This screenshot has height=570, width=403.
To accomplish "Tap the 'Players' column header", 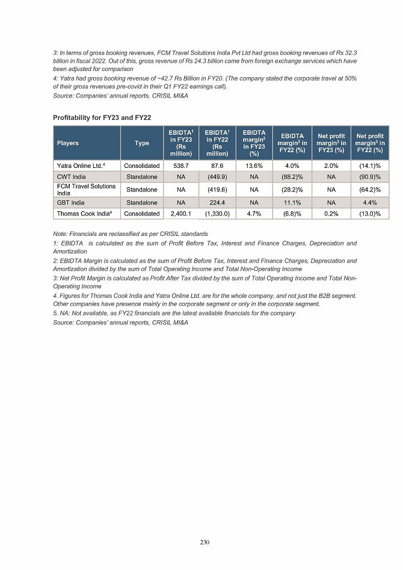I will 68,143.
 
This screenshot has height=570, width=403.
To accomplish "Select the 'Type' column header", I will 142,143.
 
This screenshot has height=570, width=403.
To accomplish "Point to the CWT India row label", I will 71,176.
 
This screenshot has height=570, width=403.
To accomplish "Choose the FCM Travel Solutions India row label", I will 86,190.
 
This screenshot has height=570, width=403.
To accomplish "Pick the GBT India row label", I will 71,203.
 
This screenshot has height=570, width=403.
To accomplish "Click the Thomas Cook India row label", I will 84,214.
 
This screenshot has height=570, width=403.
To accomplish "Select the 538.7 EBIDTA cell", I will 182,165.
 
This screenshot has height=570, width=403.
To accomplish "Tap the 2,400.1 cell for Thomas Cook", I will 182,214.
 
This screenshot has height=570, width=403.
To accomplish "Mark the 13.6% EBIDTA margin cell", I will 254,165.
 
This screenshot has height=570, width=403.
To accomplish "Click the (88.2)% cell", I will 292,176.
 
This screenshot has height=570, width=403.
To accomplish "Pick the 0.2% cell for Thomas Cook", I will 331,214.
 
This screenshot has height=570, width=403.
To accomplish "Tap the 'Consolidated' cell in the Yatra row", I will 142,165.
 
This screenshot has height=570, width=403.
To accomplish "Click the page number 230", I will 205,543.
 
